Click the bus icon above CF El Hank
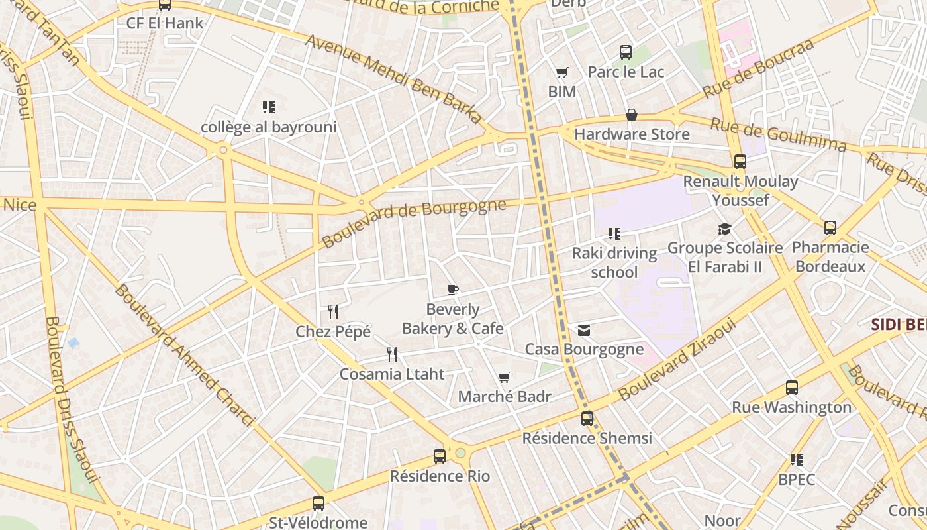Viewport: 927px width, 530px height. (164, 5)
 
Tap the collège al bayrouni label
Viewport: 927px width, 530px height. (269, 127)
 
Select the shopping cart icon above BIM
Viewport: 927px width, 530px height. (561, 72)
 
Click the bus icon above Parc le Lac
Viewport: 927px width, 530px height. (625, 52)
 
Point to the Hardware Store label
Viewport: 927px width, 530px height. (632, 134)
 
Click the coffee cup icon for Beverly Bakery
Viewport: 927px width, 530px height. (452, 290)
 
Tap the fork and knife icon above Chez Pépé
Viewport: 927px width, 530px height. (333, 311)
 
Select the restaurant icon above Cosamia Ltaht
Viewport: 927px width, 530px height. (392, 354)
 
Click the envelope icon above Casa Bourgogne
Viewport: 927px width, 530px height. (583, 330)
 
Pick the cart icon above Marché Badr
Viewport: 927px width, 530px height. (505, 378)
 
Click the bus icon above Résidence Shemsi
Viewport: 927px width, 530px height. (587, 418)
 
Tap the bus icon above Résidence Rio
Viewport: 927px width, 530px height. (439, 456)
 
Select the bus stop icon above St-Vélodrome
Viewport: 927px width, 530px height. (318, 503)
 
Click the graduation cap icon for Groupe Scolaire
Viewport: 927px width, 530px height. (724, 229)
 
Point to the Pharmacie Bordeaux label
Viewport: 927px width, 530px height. (830, 257)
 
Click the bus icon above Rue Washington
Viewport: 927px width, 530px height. (791, 388)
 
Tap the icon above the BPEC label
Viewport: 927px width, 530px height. (796, 459)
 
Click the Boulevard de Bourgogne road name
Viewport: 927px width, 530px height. (415, 222)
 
